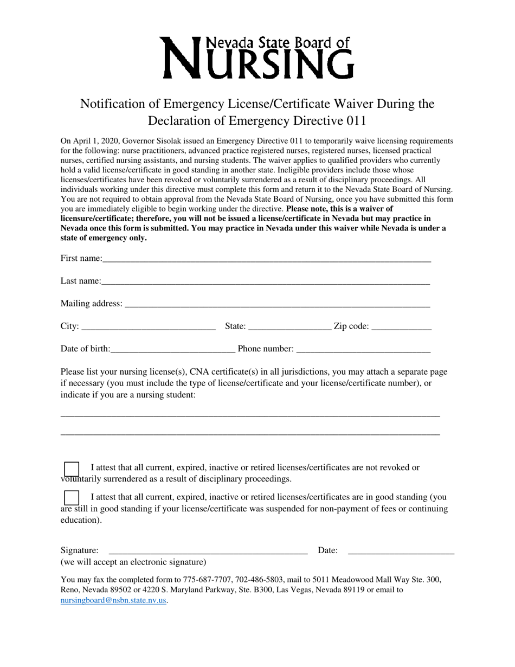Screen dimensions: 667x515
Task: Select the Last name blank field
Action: click(265, 281)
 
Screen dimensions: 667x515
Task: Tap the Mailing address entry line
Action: click(277, 304)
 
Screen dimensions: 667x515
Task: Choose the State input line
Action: click(289, 326)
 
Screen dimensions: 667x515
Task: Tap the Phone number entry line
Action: click(363, 349)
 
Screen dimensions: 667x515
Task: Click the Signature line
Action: click(208, 550)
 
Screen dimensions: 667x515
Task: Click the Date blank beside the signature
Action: click(401, 550)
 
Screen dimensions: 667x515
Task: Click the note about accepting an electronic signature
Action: click(133, 562)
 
